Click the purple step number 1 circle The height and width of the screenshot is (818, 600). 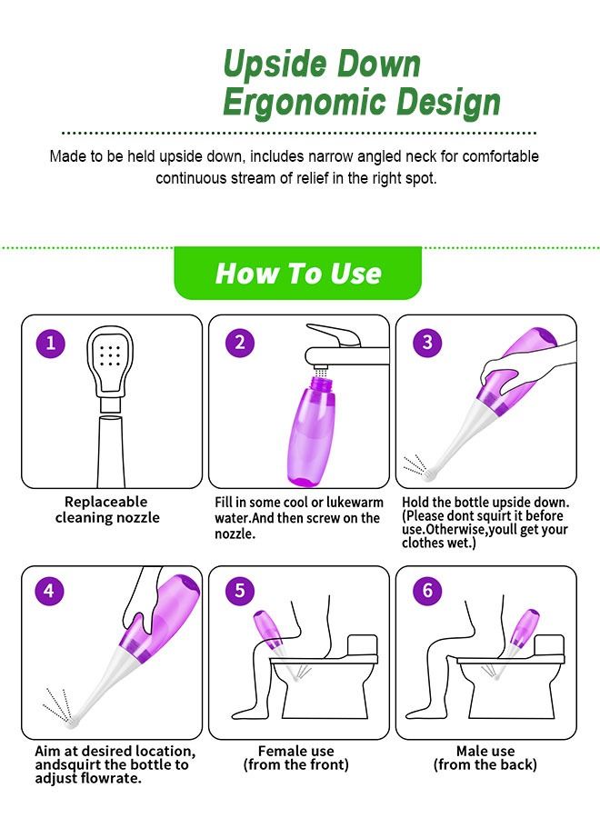coord(51,343)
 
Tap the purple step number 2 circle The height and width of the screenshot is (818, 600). coord(240,343)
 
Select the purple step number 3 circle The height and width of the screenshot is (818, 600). coord(427,343)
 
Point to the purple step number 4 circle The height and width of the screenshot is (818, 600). coord(49,591)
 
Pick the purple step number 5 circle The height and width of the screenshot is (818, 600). coord(239,590)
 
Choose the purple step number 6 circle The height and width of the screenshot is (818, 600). coord(427,590)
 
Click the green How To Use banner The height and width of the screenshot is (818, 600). coord(298,273)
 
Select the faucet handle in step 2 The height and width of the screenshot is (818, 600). coord(334,334)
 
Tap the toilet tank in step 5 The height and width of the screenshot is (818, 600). coord(362,644)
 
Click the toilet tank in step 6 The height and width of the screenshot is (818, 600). coord(549,644)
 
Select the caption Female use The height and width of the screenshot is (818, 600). coord(295,751)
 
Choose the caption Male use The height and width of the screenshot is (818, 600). coord(485,751)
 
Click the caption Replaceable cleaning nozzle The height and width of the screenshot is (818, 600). coord(107,510)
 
